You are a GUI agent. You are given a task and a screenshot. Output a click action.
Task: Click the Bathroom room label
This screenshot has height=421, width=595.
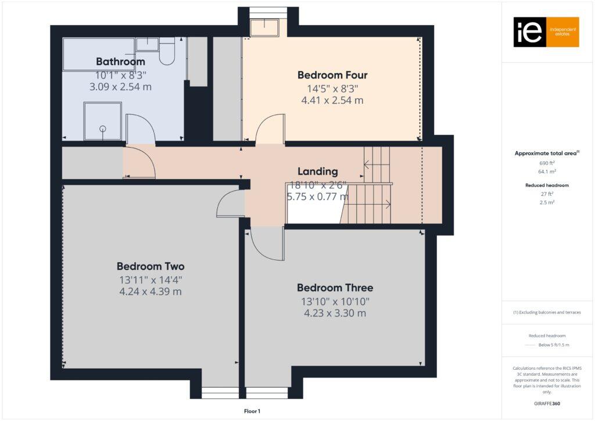click(x=120, y=62)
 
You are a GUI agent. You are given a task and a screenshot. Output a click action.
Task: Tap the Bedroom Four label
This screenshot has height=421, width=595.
click(x=332, y=75)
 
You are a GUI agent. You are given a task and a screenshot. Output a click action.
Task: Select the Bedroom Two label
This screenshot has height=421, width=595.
click(x=150, y=267)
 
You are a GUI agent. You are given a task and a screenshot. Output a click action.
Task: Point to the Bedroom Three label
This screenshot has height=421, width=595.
click(x=335, y=288)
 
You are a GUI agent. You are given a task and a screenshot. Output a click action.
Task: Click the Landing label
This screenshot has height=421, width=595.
click(x=317, y=172)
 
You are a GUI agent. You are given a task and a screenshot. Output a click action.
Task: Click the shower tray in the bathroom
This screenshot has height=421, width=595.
click(x=103, y=121)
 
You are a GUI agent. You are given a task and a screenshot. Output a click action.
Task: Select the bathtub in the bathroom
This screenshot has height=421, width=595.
click(x=99, y=54)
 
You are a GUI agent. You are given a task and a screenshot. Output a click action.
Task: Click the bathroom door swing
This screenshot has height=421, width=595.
click(x=139, y=129)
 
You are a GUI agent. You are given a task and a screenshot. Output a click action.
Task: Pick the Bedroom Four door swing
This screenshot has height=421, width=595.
click(x=271, y=129)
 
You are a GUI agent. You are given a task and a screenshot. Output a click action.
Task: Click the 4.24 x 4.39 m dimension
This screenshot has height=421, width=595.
click(x=150, y=291)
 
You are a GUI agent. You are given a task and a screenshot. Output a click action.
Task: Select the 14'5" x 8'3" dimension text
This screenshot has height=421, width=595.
click(x=332, y=88)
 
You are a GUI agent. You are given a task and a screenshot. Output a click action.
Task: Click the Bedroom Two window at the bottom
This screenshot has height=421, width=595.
click(x=215, y=393)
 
